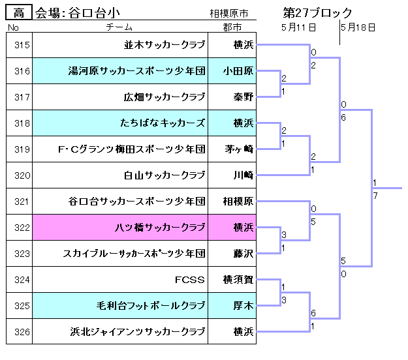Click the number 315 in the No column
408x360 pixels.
pyautogui.click(x=22, y=45)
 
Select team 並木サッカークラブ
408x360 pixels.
pyautogui.click(x=165, y=45)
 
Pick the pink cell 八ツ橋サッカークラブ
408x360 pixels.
pyautogui.click(x=160, y=228)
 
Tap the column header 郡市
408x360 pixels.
pyautogui.click(x=232, y=27)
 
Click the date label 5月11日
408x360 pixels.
pyautogui.click(x=299, y=27)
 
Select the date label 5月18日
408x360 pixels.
pyautogui.click(x=358, y=27)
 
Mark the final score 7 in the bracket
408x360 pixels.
pyautogui.click(x=375, y=196)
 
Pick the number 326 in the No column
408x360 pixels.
pyautogui.click(x=22, y=332)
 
